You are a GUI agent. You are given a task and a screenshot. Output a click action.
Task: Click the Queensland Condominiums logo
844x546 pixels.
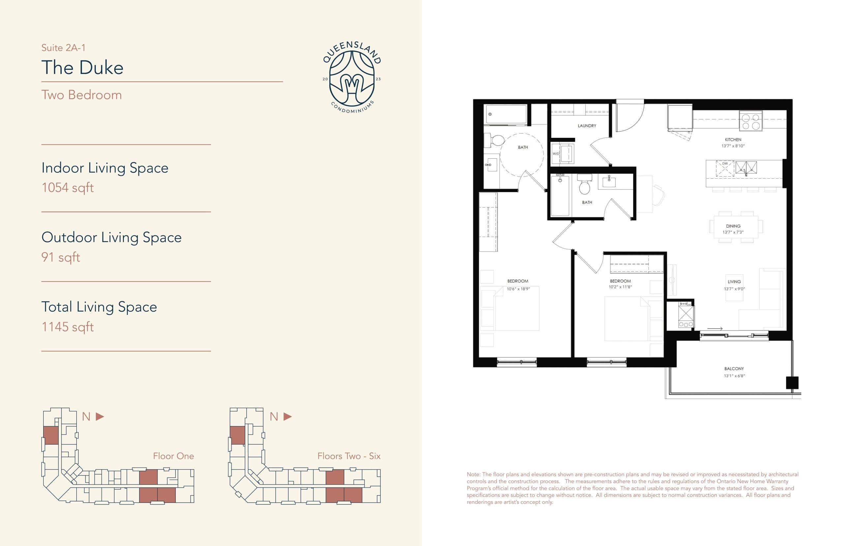click(x=352, y=77)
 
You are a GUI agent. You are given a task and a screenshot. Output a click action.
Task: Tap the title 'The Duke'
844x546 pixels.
click(x=82, y=67)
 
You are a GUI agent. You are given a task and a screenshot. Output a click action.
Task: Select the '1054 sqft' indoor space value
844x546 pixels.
click(x=67, y=188)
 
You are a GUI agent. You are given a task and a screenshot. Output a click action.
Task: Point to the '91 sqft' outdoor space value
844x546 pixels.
click(x=61, y=257)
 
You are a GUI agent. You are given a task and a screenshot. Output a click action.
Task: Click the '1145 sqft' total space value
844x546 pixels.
click(x=67, y=326)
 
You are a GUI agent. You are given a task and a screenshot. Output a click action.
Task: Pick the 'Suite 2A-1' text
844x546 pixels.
click(x=63, y=47)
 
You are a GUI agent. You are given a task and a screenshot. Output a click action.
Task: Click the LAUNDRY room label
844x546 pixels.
click(x=587, y=126)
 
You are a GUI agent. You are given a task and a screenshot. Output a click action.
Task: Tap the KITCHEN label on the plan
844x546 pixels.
click(x=733, y=140)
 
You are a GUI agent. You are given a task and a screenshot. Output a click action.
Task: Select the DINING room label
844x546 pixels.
click(x=733, y=226)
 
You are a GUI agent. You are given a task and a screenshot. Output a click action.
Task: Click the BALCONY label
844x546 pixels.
click(x=734, y=369)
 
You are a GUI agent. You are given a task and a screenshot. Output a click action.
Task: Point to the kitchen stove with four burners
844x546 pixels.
click(x=750, y=121)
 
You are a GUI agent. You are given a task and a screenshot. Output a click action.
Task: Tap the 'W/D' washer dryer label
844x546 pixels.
click(x=556, y=154)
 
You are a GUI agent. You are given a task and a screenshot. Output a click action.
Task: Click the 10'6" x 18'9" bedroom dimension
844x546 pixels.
click(x=518, y=289)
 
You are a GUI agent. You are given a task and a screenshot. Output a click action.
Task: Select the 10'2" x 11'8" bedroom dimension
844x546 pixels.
click(x=620, y=287)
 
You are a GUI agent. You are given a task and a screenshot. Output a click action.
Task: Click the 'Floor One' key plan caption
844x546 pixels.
click(x=173, y=456)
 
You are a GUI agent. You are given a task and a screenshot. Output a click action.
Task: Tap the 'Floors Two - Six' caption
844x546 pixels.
click(x=348, y=456)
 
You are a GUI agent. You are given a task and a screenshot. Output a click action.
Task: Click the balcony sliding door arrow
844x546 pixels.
click(x=715, y=329)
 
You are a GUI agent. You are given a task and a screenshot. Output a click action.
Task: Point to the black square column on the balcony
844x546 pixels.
click(x=792, y=383)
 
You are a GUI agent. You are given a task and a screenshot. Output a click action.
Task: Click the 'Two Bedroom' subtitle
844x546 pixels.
click(x=81, y=95)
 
